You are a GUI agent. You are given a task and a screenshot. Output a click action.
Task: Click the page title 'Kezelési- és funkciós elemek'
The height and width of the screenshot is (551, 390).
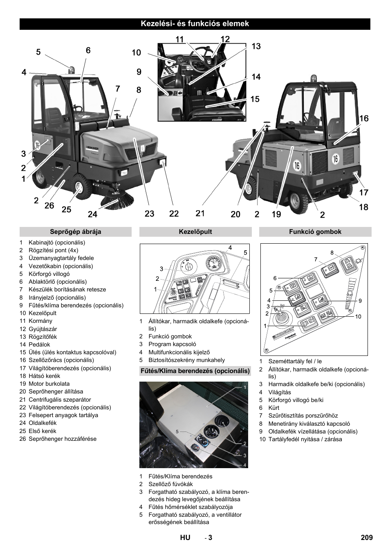pos(195,24)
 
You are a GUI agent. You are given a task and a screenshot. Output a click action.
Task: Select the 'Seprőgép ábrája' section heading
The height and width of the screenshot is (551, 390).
pos(75,232)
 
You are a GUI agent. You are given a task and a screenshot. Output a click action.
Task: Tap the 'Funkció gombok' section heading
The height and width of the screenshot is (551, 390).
pos(315,232)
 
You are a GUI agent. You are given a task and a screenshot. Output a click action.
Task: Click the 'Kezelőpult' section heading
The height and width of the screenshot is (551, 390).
pos(195,232)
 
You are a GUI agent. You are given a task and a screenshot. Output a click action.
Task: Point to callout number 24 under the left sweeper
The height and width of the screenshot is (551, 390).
pos(92,214)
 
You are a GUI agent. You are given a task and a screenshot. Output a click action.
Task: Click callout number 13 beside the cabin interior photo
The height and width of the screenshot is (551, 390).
pos(256,47)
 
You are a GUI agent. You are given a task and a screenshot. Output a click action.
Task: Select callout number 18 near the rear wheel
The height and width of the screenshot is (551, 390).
pos(363,207)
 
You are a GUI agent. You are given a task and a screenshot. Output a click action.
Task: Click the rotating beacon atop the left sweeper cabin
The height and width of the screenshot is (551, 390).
pos(72,70)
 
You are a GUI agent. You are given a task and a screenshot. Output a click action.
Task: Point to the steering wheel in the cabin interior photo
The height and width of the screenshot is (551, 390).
pos(202,57)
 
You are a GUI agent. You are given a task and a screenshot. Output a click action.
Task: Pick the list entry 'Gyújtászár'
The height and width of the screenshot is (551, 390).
pos(43,329)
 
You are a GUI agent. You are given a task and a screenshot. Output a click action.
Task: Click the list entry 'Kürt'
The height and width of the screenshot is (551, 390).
pos(274,408)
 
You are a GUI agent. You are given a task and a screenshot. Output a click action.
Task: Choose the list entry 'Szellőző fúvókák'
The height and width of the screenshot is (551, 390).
pos(170,484)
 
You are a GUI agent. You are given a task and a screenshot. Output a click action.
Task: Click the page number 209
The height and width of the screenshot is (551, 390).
pos(367,538)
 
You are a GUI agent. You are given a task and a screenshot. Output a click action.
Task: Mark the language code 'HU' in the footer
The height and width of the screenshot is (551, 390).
pos(185,538)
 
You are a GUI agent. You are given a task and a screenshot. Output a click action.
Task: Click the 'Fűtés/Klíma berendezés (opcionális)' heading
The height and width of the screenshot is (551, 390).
pos(195,371)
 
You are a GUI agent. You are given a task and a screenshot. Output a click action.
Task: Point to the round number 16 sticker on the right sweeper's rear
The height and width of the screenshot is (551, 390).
pos(335,158)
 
